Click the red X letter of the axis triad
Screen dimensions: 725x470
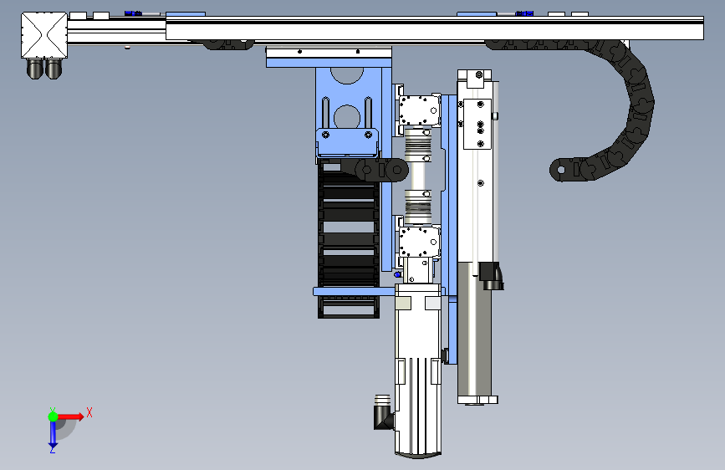tap(89, 412)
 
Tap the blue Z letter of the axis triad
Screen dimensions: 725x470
tap(53, 449)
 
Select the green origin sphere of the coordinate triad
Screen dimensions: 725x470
tap(54, 416)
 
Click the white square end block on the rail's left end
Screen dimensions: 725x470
tap(44, 35)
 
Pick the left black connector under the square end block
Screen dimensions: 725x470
tap(34, 69)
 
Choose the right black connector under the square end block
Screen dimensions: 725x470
tap(54, 69)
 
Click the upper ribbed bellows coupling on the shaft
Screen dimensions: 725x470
tap(418, 146)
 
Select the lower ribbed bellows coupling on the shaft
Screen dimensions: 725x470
tap(418, 207)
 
